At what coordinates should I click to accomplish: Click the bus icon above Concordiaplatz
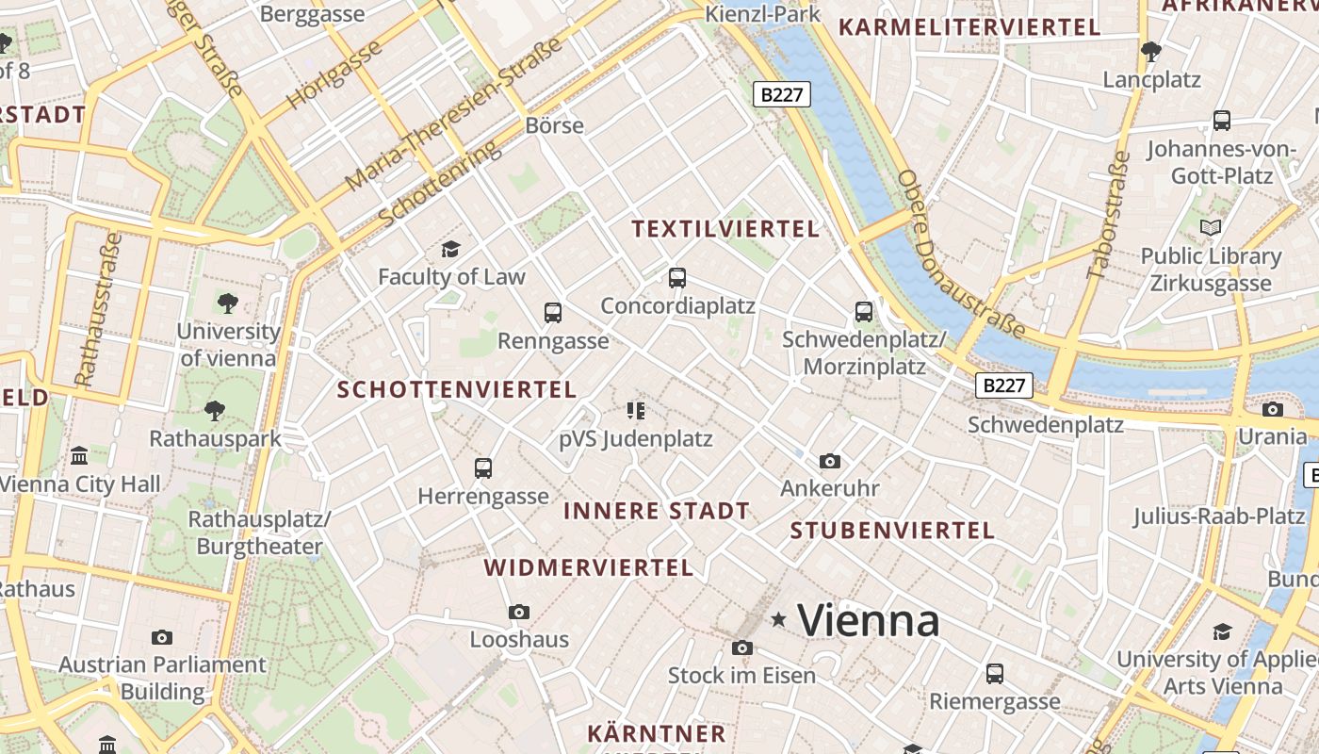[x=676, y=278]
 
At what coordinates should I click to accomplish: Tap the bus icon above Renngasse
[x=553, y=312]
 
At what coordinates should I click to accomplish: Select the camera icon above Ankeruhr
[x=829, y=461]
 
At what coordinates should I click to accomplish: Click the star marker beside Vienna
[x=779, y=619]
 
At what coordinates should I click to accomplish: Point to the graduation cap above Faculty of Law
[x=451, y=249]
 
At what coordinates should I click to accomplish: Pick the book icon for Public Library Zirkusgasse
[x=1211, y=227]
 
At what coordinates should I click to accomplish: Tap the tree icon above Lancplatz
[x=1150, y=51]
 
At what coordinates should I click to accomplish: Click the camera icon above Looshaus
[x=519, y=612]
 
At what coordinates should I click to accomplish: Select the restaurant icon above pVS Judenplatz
[x=636, y=410]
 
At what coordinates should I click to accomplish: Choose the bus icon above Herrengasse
[x=483, y=467]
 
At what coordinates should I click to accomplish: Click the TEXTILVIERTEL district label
[x=725, y=229]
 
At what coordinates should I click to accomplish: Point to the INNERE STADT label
[x=657, y=511]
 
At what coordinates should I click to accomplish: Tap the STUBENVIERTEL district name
[x=892, y=531]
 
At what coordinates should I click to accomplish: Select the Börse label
[x=555, y=125]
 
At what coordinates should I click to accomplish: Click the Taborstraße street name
[x=1110, y=215]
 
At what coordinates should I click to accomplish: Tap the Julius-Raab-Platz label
[x=1218, y=516]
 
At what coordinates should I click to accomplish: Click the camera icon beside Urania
[x=1273, y=409]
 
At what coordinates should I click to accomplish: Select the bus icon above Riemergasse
[x=995, y=674]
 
